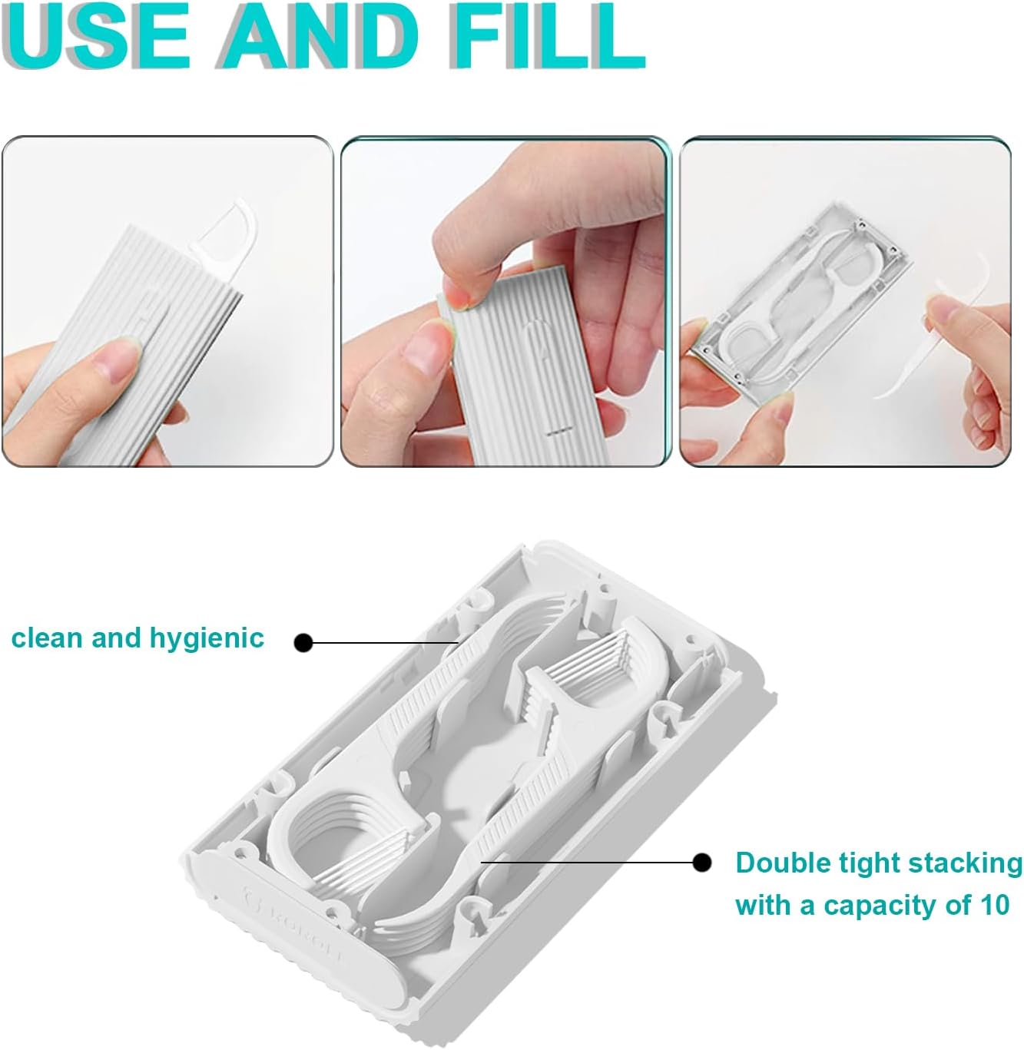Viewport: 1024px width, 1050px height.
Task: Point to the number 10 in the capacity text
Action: pos(993,906)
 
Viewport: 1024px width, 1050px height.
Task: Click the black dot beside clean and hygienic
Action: pos(304,642)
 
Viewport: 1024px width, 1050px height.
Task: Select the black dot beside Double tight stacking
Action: pos(701,863)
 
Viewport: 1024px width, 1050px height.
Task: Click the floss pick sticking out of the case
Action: pos(227,227)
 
